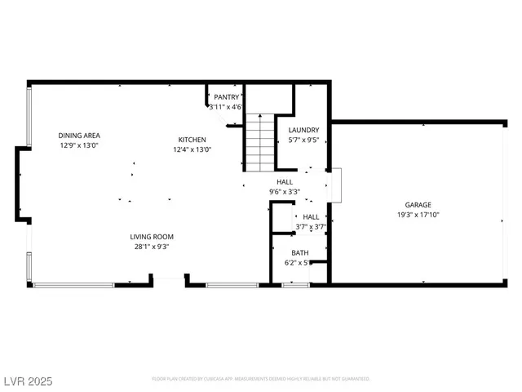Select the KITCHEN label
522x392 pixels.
point(192,140)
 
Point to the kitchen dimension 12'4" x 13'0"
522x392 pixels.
point(192,149)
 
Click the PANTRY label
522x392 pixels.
point(226,97)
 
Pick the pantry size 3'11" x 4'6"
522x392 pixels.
point(226,107)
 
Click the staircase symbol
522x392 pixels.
point(259,142)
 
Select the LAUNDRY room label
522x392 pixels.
point(303,130)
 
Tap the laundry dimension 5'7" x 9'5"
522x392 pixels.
point(303,140)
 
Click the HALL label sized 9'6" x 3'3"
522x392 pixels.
point(285,182)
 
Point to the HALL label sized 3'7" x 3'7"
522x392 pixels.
point(310,216)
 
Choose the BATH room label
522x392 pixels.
point(299,253)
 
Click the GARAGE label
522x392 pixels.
point(418,205)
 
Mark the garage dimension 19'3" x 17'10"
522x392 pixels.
point(418,215)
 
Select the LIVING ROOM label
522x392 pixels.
point(150,236)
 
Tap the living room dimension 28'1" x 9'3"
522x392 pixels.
point(150,246)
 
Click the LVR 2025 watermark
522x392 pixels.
point(29,380)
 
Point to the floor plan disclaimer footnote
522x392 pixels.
point(261,379)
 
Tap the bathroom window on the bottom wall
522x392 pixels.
point(295,284)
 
